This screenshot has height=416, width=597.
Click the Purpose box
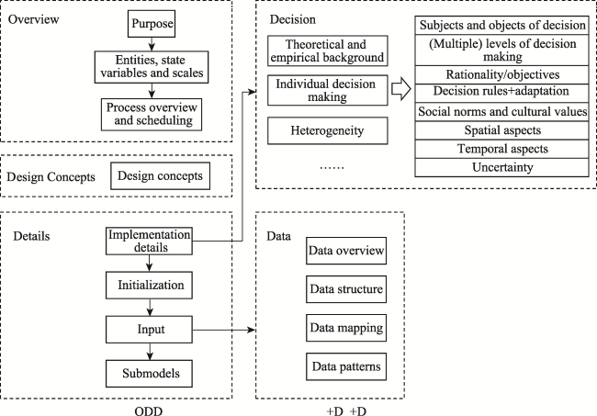click(152, 24)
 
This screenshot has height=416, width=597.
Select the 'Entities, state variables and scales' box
click(152, 67)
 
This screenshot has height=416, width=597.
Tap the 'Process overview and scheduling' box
click(152, 115)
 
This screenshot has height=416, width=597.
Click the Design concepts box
click(161, 175)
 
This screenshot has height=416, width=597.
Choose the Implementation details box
click(149, 241)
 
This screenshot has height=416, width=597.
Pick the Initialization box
click(149, 285)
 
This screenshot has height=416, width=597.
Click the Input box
click(149, 330)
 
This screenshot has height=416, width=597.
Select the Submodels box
click(149, 374)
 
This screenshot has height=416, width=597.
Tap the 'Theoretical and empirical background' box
click(328, 51)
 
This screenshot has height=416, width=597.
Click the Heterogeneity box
click(328, 130)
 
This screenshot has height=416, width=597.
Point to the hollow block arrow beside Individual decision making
click(401, 90)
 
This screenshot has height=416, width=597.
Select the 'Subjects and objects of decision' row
click(501, 26)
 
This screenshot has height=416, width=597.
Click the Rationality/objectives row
click(501, 74)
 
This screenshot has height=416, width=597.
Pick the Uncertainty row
click(501, 167)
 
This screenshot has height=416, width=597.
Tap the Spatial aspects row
click(501, 130)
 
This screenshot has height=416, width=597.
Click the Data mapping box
click(346, 328)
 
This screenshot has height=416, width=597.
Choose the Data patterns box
click(346, 366)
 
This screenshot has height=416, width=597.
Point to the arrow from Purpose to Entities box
click(152, 44)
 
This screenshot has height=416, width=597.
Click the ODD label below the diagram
click(149, 411)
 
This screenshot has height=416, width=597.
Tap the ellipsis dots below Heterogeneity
click(332, 167)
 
